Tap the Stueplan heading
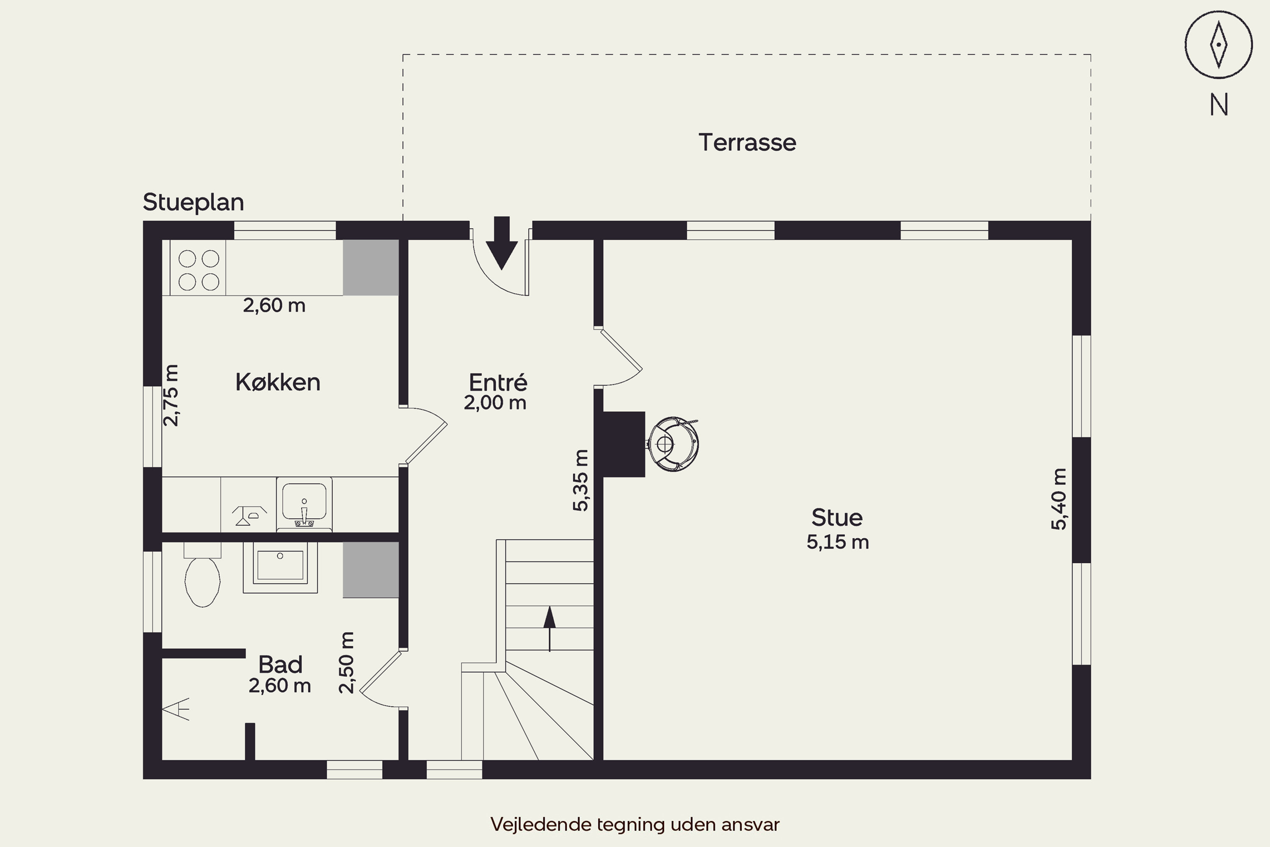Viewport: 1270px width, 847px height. tap(193, 202)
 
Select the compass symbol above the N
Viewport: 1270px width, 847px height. tap(1219, 45)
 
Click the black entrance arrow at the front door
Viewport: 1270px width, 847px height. tap(502, 243)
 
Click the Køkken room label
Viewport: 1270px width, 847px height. tap(278, 382)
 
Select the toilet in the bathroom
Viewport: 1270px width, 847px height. tap(202, 575)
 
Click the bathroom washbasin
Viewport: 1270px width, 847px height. tap(280, 567)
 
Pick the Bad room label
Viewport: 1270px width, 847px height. tap(280, 664)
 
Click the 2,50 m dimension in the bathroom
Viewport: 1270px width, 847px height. tap(347, 662)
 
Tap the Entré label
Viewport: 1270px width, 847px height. tap(498, 382)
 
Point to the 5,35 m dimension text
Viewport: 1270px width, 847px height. tap(580, 480)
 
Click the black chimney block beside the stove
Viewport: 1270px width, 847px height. tap(624, 444)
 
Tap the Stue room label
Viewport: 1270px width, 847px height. tap(837, 518)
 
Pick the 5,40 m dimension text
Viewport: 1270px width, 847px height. tap(1059, 499)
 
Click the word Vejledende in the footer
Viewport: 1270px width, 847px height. tap(541, 824)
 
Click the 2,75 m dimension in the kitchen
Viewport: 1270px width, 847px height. tap(171, 396)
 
